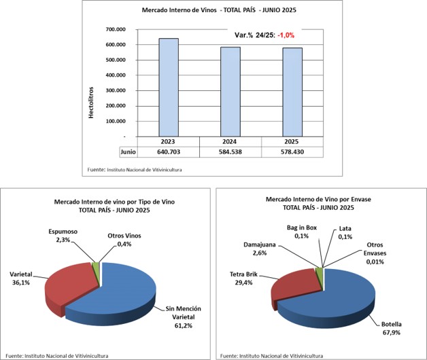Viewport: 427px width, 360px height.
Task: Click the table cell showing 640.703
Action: point(168,151)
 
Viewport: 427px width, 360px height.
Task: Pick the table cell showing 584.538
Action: point(230,151)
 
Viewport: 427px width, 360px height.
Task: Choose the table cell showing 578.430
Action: point(293,151)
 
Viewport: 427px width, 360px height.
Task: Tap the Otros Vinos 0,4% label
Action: point(125,240)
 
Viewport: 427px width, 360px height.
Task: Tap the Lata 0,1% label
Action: point(347,232)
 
